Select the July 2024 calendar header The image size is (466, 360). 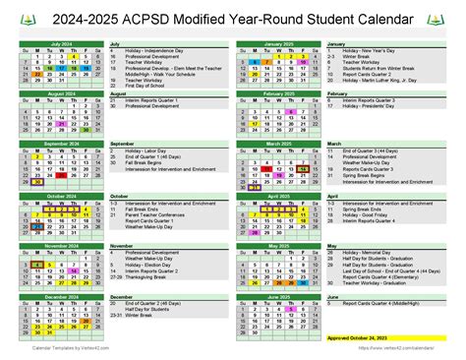click(x=60, y=44)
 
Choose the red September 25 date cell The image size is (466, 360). click(x=61, y=173)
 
